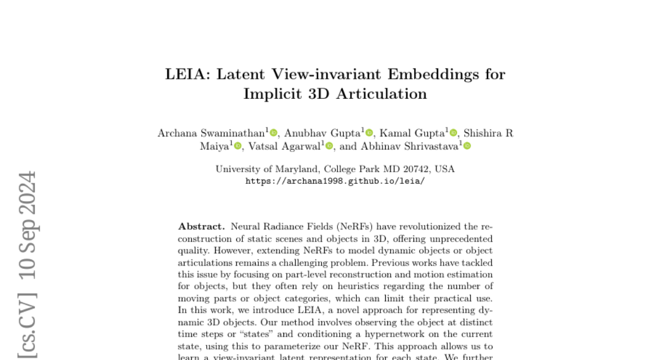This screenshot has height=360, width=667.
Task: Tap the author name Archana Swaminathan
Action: click(211, 133)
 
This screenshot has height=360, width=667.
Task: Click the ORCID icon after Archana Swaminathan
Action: click(273, 133)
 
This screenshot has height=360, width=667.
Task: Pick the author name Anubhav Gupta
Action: click(322, 133)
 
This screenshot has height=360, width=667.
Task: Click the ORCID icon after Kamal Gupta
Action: click(454, 133)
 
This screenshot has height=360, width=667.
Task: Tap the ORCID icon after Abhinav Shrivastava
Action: click(467, 146)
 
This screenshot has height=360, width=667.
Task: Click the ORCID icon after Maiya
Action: click(238, 146)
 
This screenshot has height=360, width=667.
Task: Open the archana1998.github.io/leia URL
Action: click(335, 181)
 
